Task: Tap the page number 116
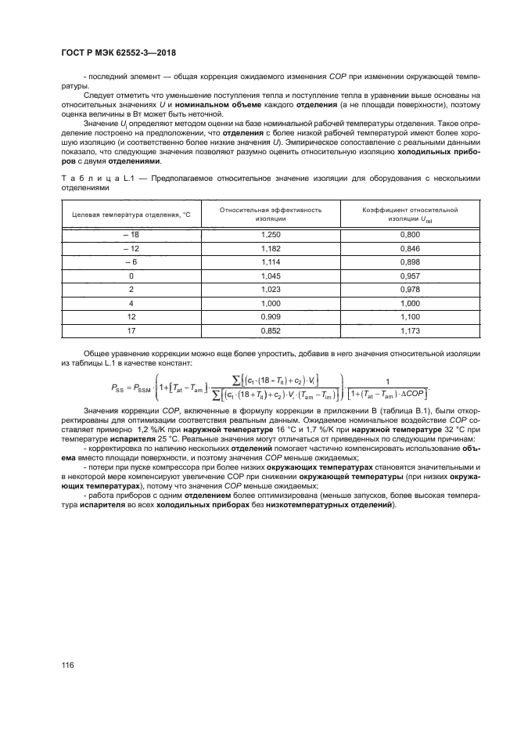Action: pos(68,665)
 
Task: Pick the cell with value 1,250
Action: pos(270,234)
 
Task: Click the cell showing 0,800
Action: pos(409,234)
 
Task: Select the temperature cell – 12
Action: pos(131,248)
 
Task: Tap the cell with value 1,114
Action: pos(270,262)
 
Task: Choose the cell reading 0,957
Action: pos(409,276)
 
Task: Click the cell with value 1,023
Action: pos(270,290)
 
